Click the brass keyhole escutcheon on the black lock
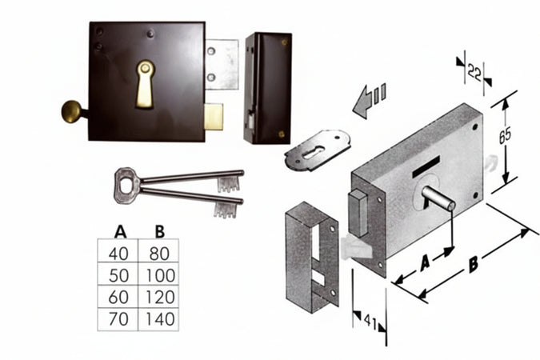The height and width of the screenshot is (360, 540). coord(145,83)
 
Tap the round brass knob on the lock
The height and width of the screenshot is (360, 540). coord(74,110)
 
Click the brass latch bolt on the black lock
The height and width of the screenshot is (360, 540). coord(215,117)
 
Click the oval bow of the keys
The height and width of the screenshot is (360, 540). coord(126,182)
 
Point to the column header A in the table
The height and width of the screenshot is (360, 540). coord(120,232)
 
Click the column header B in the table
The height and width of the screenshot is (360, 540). coord(159,232)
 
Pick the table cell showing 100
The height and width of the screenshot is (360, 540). coord(159,274)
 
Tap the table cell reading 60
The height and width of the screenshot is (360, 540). coord(120,297)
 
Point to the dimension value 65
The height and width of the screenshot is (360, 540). coord(505,135)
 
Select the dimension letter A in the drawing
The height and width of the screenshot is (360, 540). coord(426,262)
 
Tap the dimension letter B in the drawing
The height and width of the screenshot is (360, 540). coord(474,264)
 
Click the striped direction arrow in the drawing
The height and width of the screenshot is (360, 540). coord(370,99)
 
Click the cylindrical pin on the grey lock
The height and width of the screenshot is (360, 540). coord(438,198)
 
